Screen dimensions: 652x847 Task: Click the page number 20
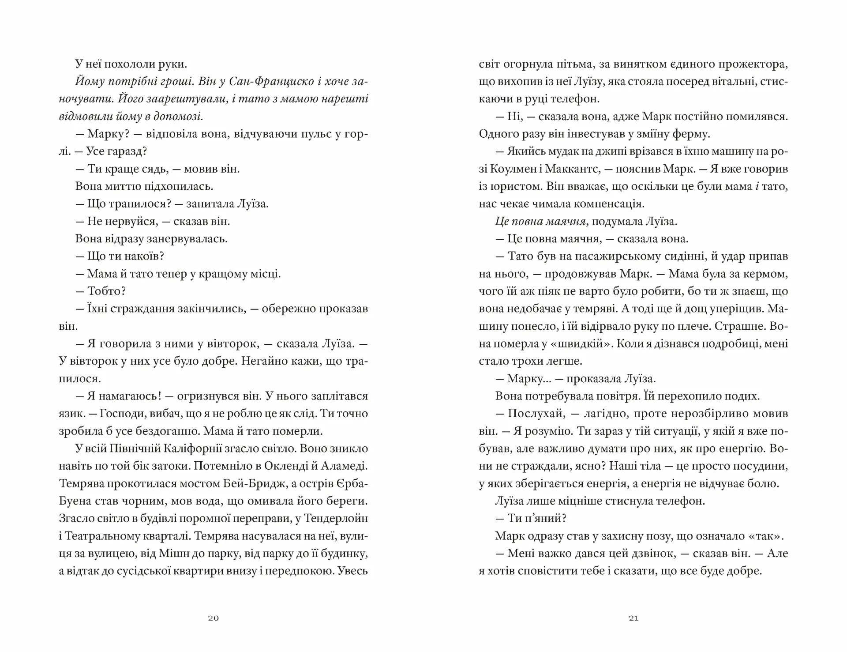[x=213, y=618]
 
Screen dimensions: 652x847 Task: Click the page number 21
[x=633, y=618]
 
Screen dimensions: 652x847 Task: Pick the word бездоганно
[x=167, y=431]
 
